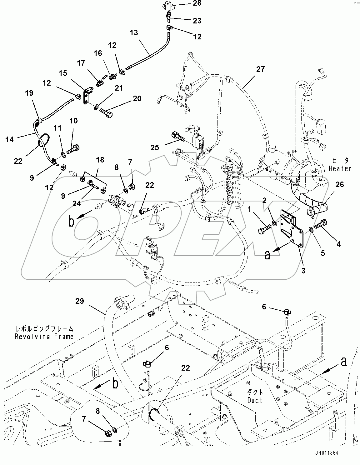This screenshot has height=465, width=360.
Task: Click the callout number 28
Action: [x=197, y=4]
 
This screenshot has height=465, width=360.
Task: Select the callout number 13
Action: [x=134, y=33]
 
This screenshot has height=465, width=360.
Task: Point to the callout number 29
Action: [x=80, y=301]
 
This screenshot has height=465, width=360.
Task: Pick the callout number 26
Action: [x=339, y=185]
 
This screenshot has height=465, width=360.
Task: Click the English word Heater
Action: [x=340, y=169]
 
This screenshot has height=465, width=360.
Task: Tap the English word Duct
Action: [x=255, y=400]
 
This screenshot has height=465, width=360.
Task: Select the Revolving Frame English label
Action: [x=44, y=337]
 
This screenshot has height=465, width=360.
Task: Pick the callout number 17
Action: [x=81, y=63]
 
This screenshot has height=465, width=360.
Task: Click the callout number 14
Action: [x=10, y=139]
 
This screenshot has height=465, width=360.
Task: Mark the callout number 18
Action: [x=100, y=160]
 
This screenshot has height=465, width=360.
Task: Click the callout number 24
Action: [x=77, y=203]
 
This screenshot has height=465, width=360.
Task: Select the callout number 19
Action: [x=29, y=93]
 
